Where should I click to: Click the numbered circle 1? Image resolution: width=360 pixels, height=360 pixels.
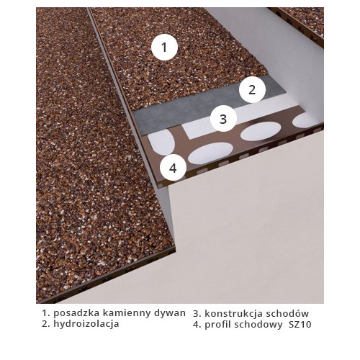(164, 47)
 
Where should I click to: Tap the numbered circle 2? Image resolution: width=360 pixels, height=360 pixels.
(252, 90)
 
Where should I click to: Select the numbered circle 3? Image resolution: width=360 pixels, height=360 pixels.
(223, 119)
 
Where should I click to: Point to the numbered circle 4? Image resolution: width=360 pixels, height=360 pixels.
(173, 168)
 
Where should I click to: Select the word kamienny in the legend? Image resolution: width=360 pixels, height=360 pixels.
(127, 313)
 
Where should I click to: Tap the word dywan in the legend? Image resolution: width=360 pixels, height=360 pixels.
(170, 313)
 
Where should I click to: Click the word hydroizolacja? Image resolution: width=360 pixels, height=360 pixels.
(86, 324)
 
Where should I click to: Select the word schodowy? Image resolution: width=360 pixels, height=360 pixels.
(258, 325)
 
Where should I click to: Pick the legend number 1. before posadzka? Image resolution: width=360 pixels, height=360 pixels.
(46, 313)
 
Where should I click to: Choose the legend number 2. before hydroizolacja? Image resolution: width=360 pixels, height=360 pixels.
(46, 324)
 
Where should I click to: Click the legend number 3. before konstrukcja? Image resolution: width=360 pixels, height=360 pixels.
(197, 314)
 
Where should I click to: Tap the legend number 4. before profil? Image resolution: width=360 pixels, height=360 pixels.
(197, 325)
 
